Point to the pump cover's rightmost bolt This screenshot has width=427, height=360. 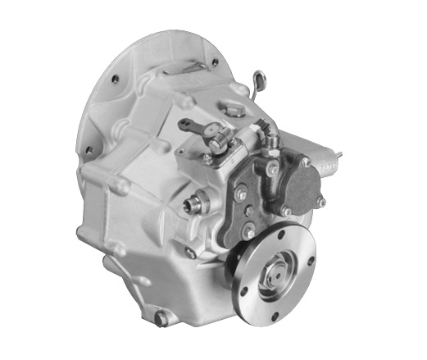pos(321,202)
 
